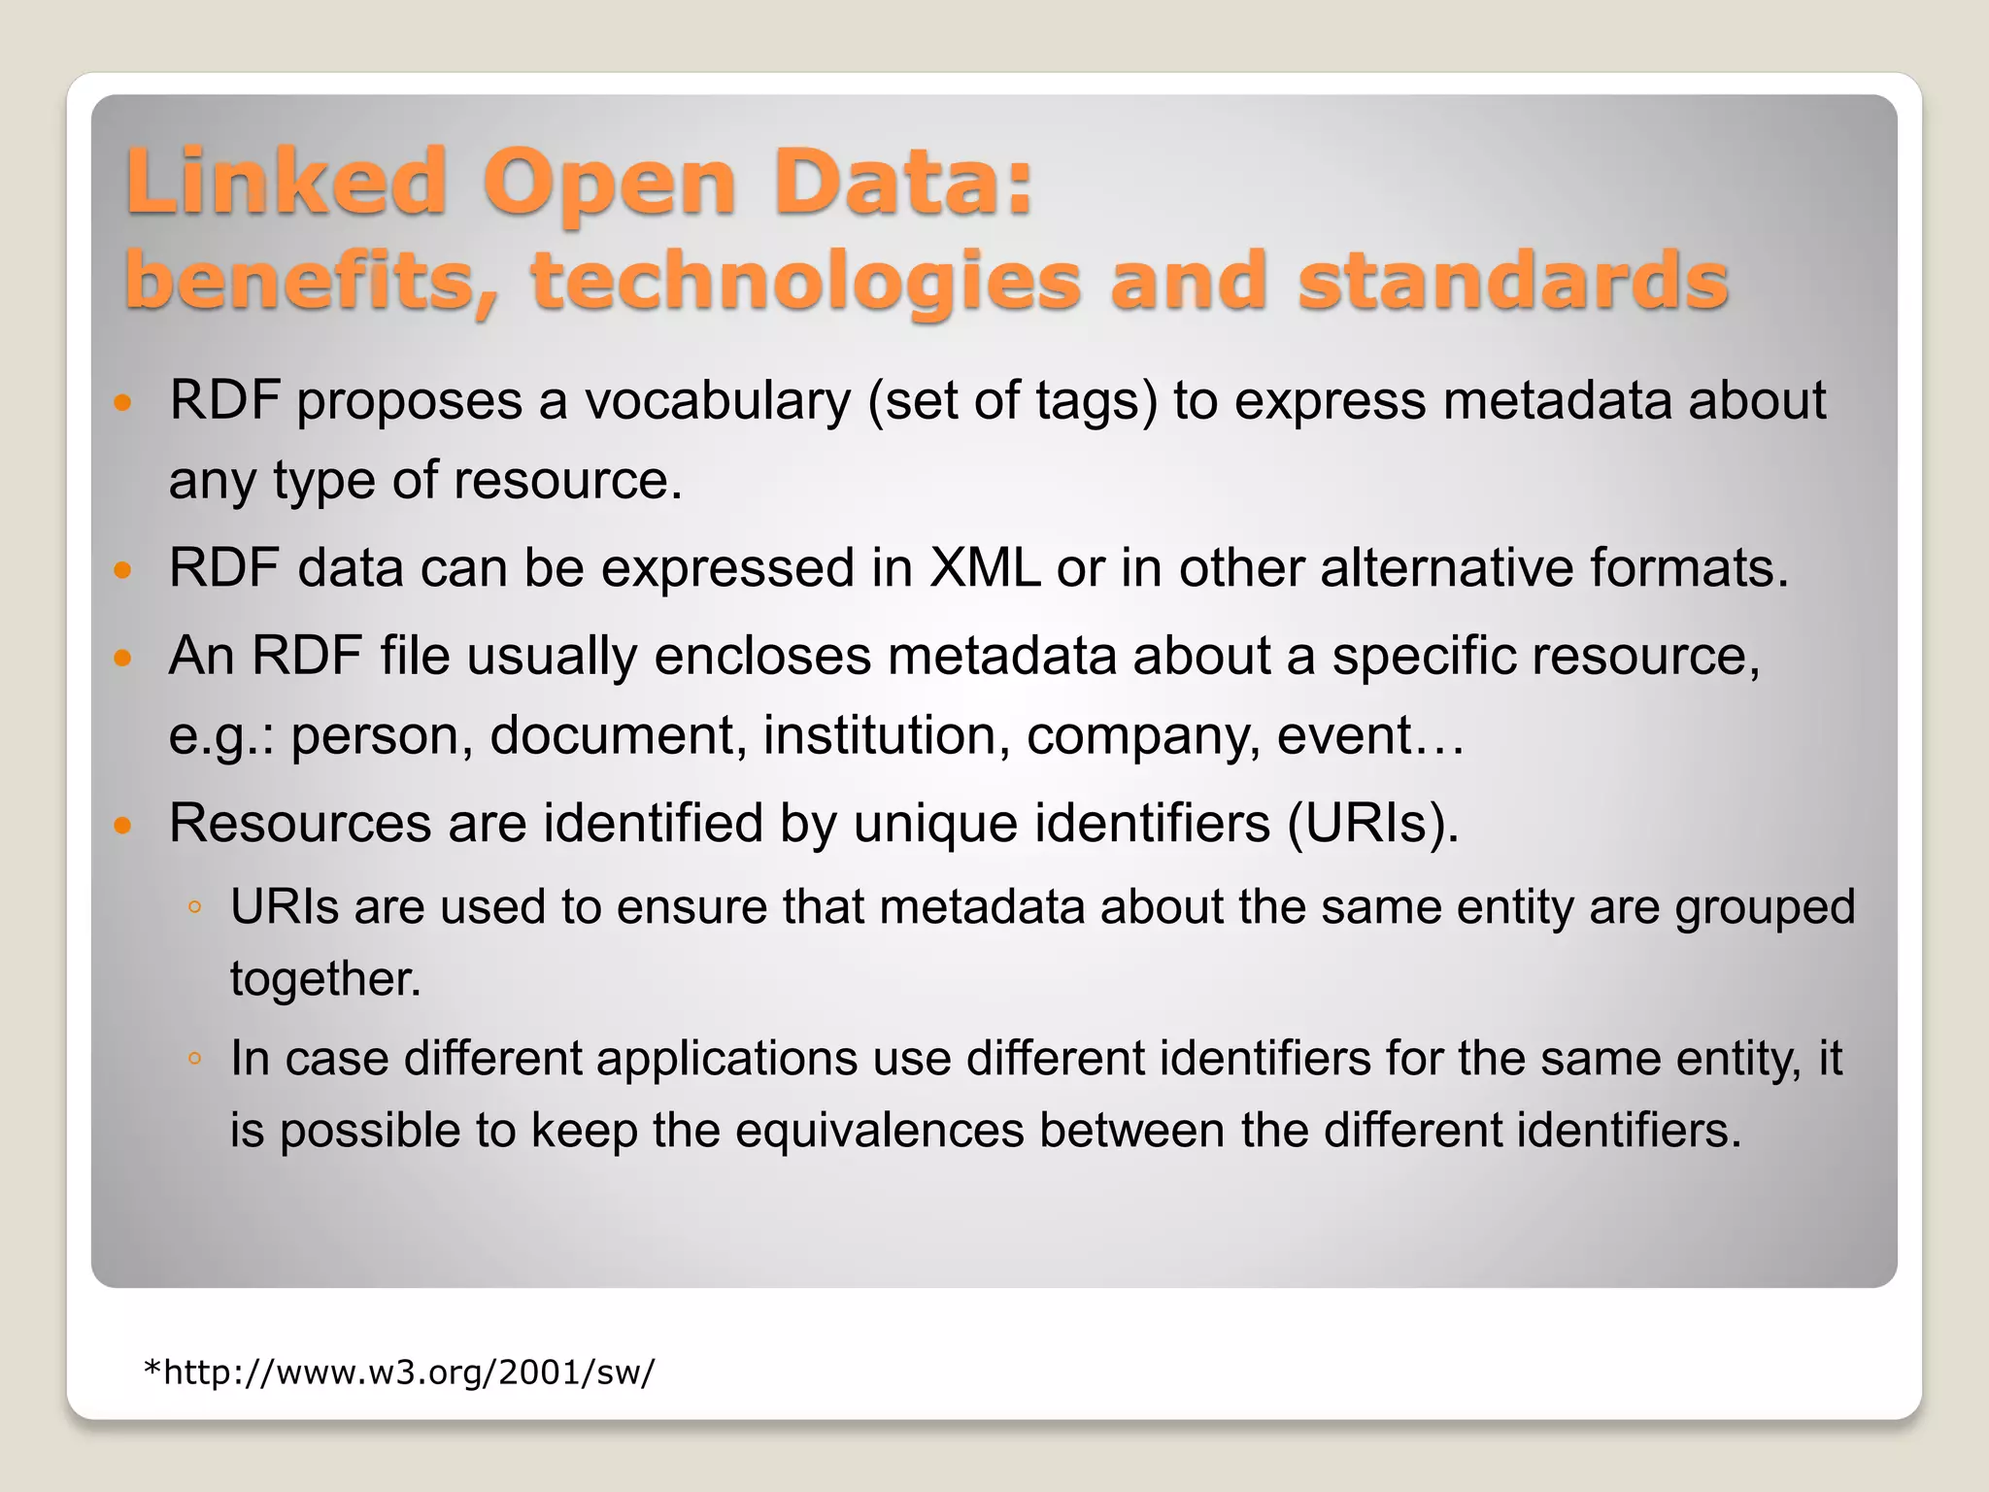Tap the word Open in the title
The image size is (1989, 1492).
click(610, 185)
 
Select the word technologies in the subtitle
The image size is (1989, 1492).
click(806, 282)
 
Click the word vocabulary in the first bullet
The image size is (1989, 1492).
click(718, 401)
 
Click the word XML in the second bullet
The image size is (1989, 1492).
click(984, 567)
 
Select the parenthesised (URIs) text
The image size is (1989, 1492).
click(1373, 824)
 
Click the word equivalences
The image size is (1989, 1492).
click(880, 1130)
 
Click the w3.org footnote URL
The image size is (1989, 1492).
click(399, 1372)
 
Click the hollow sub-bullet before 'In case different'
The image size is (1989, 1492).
click(195, 1059)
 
